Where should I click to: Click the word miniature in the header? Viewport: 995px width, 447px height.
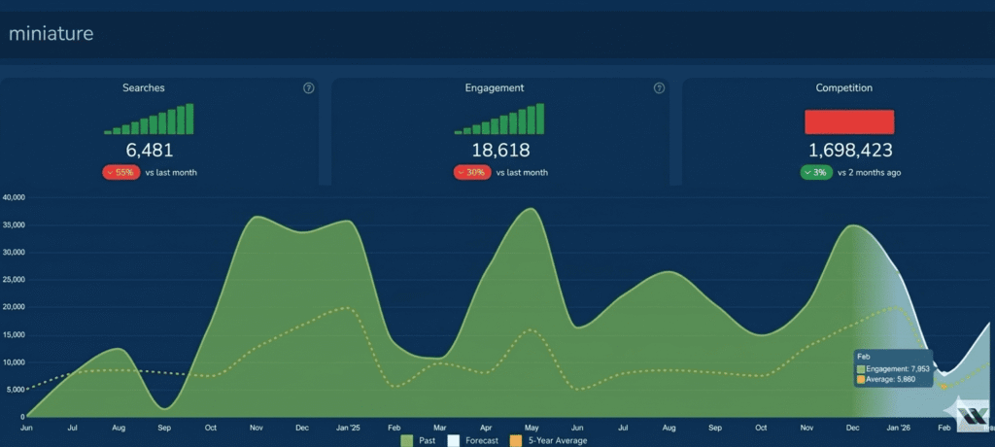(51, 34)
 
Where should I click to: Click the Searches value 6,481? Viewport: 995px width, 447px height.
(149, 151)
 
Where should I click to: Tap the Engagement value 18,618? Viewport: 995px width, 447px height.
(500, 151)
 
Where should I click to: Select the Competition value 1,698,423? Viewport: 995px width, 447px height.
(849, 151)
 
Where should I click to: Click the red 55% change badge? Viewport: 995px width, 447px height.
(121, 172)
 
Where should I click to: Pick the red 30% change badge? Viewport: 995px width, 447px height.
(472, 172)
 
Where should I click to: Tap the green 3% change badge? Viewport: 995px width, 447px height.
(816, 172)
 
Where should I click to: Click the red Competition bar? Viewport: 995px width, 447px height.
(849, 121)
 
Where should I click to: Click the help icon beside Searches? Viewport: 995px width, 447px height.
(308, 88)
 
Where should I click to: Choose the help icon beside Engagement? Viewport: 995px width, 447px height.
(660, 88)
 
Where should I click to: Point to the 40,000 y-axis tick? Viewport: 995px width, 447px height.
(14, 197)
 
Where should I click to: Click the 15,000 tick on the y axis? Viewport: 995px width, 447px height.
(14, 335)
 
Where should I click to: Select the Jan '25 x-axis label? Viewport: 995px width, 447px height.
(348, 428)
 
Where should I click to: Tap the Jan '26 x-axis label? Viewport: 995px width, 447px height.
(899, 428)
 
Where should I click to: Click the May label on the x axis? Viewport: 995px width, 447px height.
(532, 428)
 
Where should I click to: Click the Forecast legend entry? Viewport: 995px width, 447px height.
(473, 440)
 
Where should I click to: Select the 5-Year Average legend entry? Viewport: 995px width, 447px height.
(548, 440)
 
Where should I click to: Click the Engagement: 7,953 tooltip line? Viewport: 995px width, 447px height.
(894, 369)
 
